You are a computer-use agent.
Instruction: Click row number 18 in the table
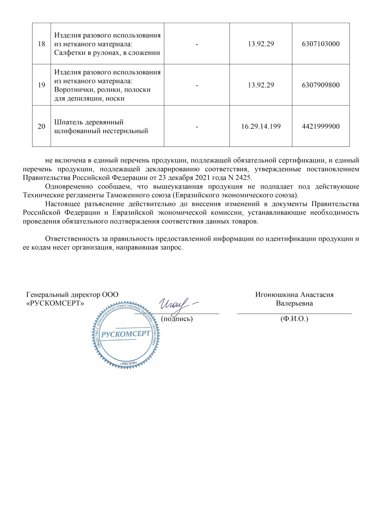pyautogui.click(x=41, y=44)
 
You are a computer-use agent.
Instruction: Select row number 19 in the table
pyautogui.click(x=41, y=85)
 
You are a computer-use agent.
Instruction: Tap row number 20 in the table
pyautogui.click(x=41, y=127)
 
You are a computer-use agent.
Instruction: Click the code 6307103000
pyautogui.click(x=321, y=44)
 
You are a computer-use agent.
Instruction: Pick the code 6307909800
pyautogui.click(x=321, y=85)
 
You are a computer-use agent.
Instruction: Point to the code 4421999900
pyautogui.click(x=321, y=127)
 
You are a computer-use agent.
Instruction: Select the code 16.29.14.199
pyautogui.click(x=261, y=127)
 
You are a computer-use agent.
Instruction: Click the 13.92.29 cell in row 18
pyautogui.click(x=261, y=44)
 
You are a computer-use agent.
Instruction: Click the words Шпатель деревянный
pyautogui.click(x=89, y=122)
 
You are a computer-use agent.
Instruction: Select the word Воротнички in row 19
pyautogui.click(x=73, y=90)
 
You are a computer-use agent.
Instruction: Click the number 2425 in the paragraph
pyautogui.click(x=243, y=178)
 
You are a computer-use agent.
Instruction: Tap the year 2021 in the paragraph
pyautogui.click(x=202, y=178)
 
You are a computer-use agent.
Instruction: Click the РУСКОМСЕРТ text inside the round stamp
pyautogui.click(x=126, y=334)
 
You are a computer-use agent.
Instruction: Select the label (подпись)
pyautogui.click(x=177, y=319)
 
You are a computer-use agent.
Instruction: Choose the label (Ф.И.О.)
pyautogui.click(x=294, y=319)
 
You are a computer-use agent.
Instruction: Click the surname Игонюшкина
pyautogui.click(x=277, y=295)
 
